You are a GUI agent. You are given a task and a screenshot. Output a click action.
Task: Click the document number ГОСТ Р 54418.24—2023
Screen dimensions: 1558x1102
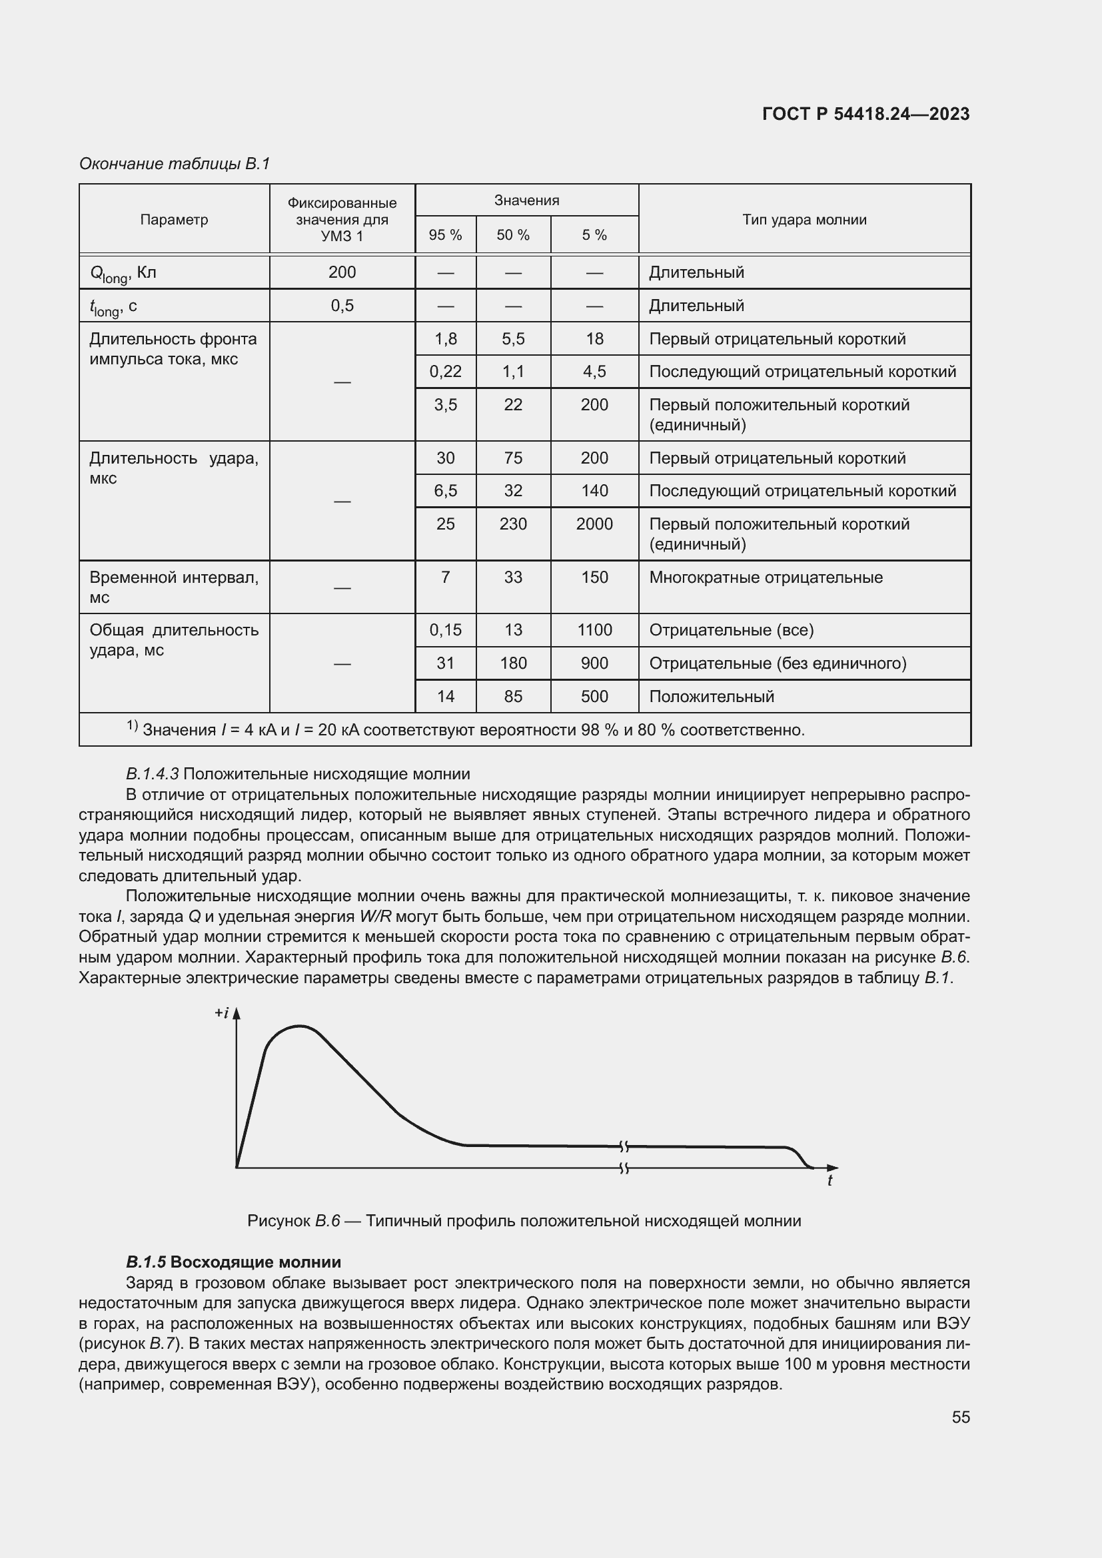(x=865, y=114)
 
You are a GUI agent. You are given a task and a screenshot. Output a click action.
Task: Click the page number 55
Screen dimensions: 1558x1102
(x=960, y=1416)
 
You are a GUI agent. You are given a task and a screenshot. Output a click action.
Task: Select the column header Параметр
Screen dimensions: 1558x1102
(x=174, y=219)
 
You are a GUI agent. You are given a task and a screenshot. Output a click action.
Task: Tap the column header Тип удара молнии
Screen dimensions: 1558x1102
(x=804, y=219)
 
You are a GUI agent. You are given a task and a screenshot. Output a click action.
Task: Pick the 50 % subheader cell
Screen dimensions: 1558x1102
(x=513, y=234)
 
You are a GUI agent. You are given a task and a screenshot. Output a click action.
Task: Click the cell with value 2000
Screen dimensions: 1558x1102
(x=594, y=524)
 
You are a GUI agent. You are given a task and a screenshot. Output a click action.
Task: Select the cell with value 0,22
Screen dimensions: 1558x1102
(x=445, y=371)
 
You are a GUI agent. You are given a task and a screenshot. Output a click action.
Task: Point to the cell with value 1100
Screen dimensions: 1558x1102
(x=594, y=629)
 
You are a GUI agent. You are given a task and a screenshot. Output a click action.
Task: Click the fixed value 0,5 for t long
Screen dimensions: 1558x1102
(x=342, y=305)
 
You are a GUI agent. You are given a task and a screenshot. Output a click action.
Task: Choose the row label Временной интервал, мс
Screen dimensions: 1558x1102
(x=174, y=587)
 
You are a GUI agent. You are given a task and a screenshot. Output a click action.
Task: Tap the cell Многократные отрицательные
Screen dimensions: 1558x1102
(x=766, y=578)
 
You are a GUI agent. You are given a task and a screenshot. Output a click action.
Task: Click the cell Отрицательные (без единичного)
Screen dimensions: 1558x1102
(x=778, y=663)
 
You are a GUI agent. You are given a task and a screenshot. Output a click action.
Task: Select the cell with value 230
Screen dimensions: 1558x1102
(x=513, y=524)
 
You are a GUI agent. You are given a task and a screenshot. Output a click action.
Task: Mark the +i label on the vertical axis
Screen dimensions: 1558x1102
(x=222, y=1013)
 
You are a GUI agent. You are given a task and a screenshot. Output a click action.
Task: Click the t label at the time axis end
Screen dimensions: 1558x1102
(x=829, y=1181)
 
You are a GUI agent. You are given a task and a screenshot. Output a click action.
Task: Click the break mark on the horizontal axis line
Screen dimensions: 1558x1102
(x=624, y=1168)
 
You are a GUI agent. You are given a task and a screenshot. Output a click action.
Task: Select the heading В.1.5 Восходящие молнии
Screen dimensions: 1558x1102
(x=233, y=1262)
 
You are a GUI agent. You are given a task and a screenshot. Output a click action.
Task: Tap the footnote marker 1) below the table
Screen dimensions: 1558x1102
(x=132, y=726)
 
